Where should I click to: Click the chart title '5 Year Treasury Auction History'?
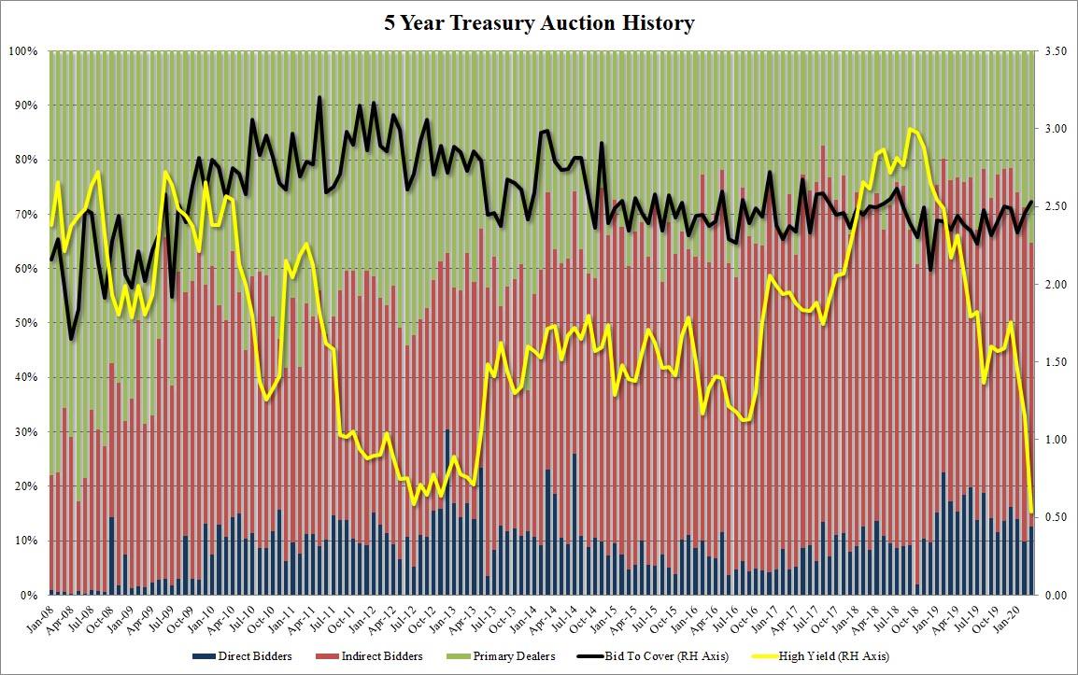(539, 23)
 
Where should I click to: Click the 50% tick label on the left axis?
(24, 323)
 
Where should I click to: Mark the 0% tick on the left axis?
(28, 596)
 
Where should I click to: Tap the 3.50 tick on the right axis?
(1056, 50)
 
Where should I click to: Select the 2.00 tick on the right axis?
(1056, 284)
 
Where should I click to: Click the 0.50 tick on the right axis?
(1056, 517)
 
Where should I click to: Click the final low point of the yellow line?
(1031, 512)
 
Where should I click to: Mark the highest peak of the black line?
(319, 97)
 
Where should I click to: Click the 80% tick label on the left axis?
(24, 160)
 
